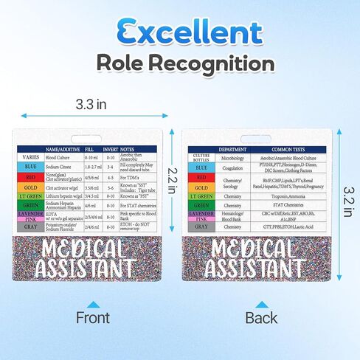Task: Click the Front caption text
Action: (93, 318)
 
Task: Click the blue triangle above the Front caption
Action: (93, 304)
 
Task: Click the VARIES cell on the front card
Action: (30, 157)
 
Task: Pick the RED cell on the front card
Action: (30, 177)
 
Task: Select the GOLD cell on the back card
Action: (201, 187)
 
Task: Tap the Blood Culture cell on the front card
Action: (62, 157)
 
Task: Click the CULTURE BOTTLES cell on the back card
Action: (201, 157)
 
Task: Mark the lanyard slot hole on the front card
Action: (92, 137)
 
